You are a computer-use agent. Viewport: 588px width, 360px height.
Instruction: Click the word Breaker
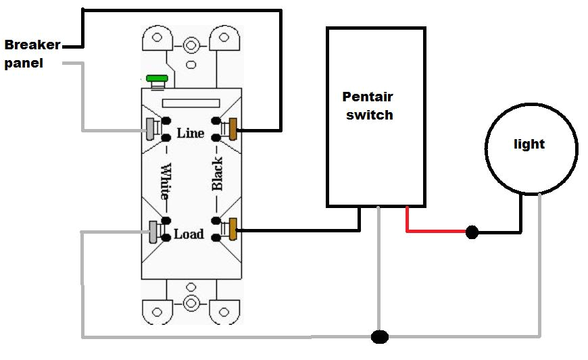(x=32, y=46)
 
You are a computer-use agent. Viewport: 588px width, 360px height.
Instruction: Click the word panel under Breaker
(x=24, y=65)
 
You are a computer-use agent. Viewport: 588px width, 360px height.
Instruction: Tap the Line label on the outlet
(x=190, y=133)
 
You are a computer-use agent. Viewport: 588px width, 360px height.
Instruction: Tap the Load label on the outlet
(x=189, y=234)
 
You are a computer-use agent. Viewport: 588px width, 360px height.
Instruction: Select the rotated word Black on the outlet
(x=217, y=174)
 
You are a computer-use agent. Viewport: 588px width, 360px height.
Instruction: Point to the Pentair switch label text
(x=368, y=106)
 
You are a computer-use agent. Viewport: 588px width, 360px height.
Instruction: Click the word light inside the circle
(x=529, y=144)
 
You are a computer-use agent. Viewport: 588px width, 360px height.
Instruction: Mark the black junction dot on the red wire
(x=472, y=232)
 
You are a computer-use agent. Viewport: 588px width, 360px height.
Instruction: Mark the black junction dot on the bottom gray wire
(x=381, y=336)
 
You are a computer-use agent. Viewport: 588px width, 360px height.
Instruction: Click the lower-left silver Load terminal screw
(x=154, y=231)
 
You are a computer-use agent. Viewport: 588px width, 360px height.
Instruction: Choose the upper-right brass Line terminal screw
(x=235, y=128)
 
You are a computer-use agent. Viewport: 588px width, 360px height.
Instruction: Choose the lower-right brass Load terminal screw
(x=235, y=230)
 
